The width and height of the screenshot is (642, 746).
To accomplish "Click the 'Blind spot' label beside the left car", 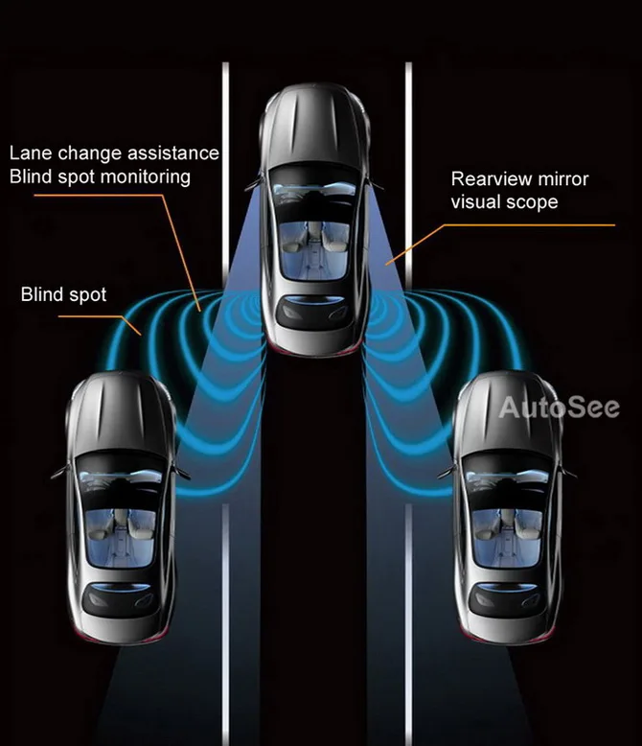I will coord(64,294).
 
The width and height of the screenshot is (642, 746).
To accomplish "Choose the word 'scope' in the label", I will coord(532,202).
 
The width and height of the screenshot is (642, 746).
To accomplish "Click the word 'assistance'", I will coord(173,153).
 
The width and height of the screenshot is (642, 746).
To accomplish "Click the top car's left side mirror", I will coord(251,183).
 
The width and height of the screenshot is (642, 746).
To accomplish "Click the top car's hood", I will coord(313,125).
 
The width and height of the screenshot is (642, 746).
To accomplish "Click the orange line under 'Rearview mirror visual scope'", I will coord(537,225).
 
